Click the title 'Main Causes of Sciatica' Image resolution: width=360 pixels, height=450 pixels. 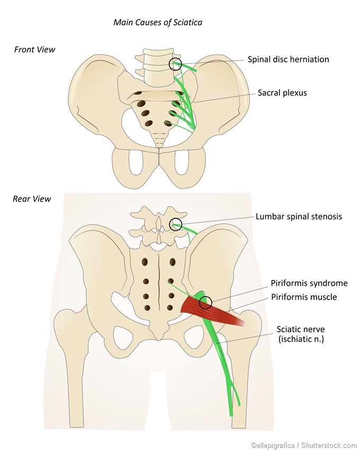(x=158, y=22)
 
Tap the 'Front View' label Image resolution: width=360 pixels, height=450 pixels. (x=34, y=50)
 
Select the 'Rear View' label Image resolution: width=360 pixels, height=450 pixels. (x=32, y=199)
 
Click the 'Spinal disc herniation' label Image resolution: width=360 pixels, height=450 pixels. (x=288, y=59)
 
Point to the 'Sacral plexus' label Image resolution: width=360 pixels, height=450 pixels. (x=282, y=93)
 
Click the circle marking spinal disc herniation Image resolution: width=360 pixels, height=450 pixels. (x=175, y=64)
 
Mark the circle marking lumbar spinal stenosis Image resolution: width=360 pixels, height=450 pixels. (x=175, y=225)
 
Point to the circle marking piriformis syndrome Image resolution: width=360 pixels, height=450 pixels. (x=205, y=303)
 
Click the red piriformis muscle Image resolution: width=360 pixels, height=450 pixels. (x=217, y=312)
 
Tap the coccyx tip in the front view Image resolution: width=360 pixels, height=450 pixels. (x=159, y=144)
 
